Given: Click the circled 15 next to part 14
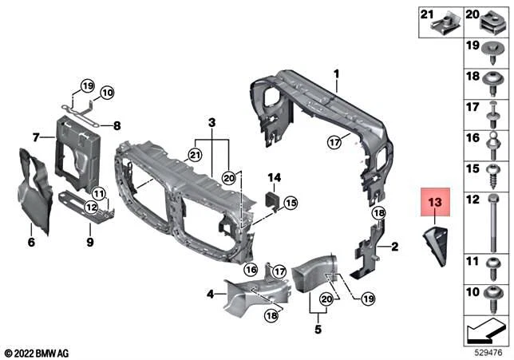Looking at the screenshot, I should click(x=290, y=204).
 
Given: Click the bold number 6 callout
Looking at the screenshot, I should click(x=31, y=242).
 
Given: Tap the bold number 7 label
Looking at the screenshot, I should click(x=36, y=138).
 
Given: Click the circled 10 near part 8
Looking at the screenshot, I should click(x=108, y=92).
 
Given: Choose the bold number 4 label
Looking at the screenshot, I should click(x=210, y=295).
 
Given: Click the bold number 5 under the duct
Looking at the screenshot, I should click(x=318, y=327).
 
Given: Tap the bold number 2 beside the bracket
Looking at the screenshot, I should click(x=393, y=247).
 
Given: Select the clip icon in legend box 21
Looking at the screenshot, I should click(x=443, y=26).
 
